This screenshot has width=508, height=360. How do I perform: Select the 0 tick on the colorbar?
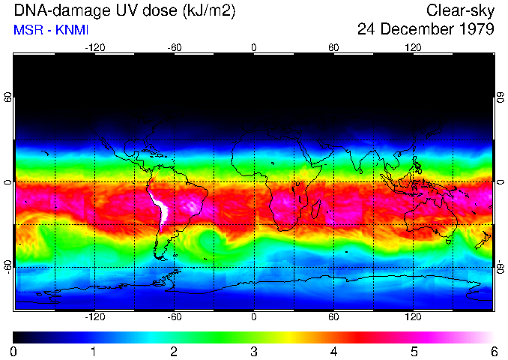tap(13, 351)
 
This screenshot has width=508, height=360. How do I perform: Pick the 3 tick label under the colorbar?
tap(253, 351)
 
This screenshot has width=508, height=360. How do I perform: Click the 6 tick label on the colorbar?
tap(493, 351)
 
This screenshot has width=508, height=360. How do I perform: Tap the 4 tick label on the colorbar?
tap(333, 351)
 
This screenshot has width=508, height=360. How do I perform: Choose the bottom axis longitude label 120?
tap(414, 317)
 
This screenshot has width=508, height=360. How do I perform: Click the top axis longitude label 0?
tap(254, 48)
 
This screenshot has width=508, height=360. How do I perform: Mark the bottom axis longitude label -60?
tap(174, 317)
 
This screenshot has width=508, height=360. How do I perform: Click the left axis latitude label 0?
tap(7, 182)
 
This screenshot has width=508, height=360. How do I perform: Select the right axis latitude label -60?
tap(501, 266)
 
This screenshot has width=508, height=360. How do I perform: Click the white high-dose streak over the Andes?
tap(160, 206)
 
